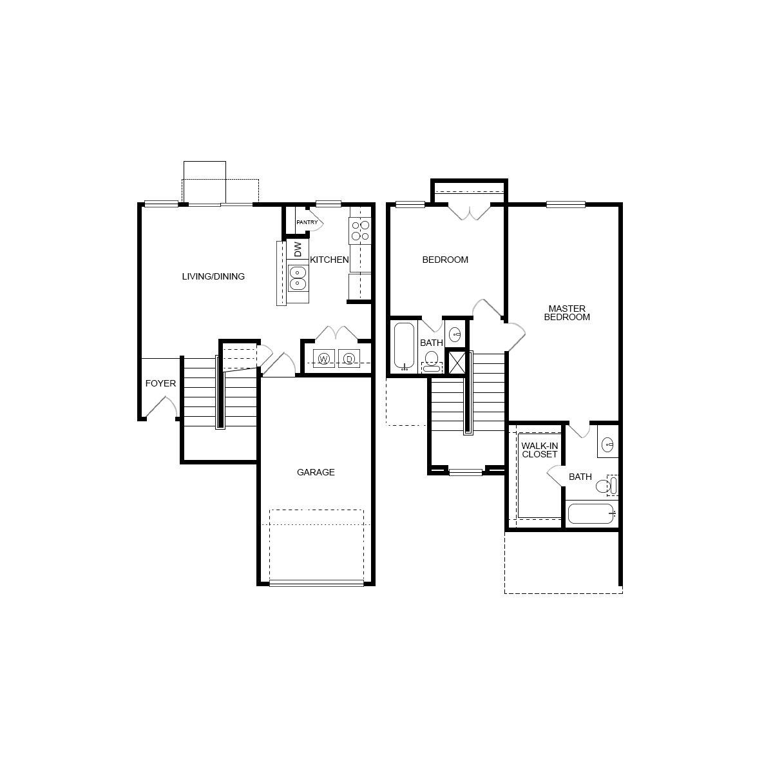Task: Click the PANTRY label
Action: [307, 223]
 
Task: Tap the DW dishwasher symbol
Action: [298, 249]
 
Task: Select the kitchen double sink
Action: [298, 277]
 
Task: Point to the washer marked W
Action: [324, 359]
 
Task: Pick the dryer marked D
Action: [348, 359]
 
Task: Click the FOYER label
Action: [160, 383]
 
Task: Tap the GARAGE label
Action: [316, 472]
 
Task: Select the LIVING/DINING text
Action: [213, 277]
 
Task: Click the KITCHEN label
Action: [329, 260]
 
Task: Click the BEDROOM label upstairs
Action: [445, 260]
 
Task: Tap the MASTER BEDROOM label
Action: [567, 312]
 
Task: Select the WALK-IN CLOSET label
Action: [540, 450]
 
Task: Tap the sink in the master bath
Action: [608, 444]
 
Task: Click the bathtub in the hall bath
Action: [404, 346]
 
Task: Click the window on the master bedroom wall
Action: [566, 205]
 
